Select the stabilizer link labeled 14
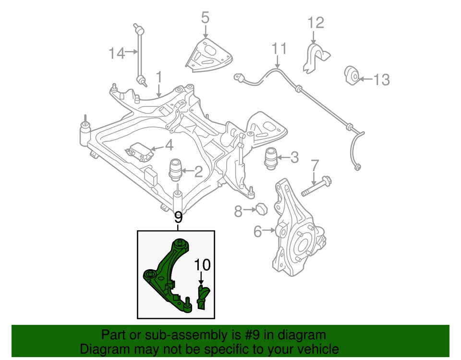[139, 53]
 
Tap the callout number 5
[205, 19]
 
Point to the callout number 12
[316, 23]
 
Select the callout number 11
[279, 49]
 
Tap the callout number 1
[158, 77]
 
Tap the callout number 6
[258, 232]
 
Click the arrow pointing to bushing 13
[365, 79]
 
